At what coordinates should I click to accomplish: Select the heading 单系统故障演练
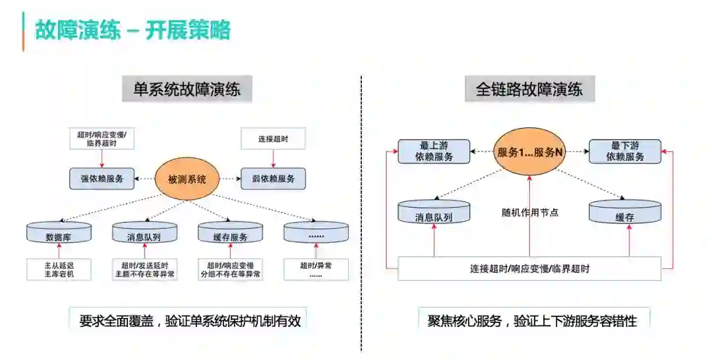tap(187, 89)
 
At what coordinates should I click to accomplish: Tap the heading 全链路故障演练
tap(529, 89)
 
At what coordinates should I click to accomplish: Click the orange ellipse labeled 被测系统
tap(187, 179)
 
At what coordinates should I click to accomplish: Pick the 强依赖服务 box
tap(102, 179)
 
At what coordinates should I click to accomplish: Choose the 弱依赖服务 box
tap(273, 179)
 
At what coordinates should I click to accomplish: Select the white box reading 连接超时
tap(273, 140)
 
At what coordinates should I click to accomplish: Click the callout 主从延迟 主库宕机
tap(59, 269)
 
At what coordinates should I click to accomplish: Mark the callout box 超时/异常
tap(316, 269)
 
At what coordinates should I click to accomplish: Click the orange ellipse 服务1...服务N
tap(530, 152)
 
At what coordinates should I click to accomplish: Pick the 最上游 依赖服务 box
tap(434, 152)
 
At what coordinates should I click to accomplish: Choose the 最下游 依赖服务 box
tap(626, 152)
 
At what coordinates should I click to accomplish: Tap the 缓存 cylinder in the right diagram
tap(625, 214)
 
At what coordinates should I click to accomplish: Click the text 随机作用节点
tap(530, 212)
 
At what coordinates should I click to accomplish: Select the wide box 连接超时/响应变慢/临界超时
tap(529, 269)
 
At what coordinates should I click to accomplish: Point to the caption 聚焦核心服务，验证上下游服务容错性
tap(532, 321)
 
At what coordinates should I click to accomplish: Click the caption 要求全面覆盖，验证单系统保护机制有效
tap(189, 321)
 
